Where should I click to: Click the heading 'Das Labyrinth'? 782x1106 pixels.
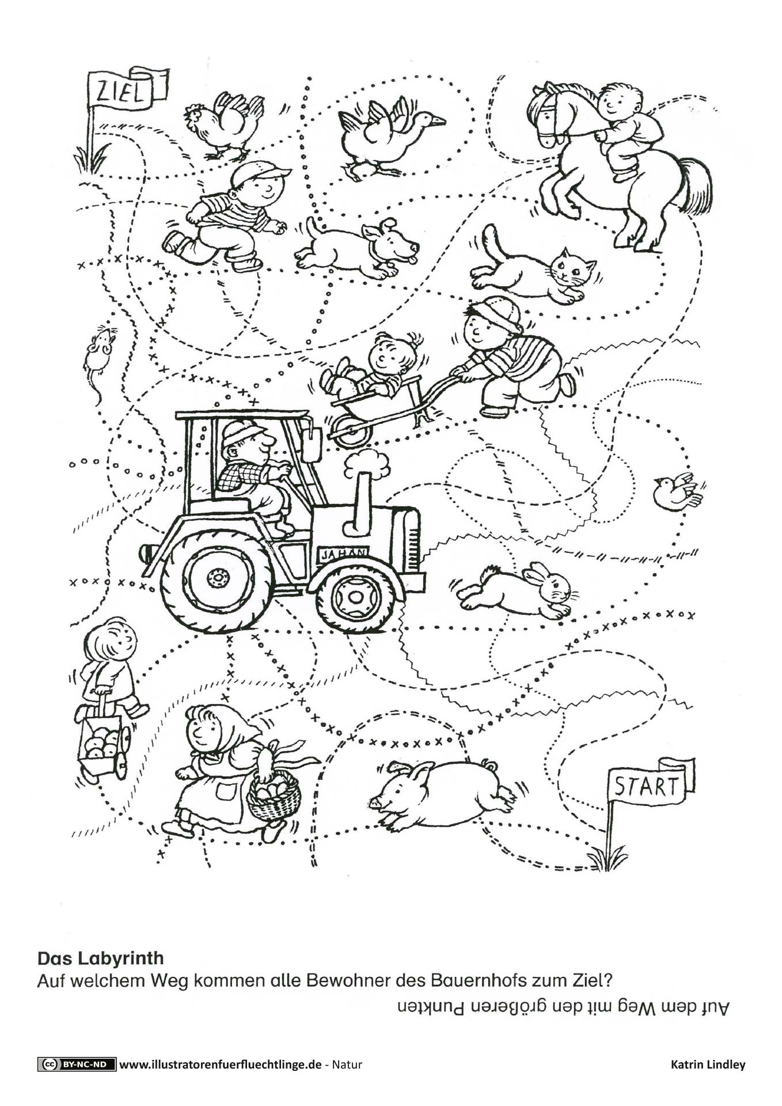101,958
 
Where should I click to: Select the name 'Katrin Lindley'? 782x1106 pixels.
708,1065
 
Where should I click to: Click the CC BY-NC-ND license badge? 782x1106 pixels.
77,1064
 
